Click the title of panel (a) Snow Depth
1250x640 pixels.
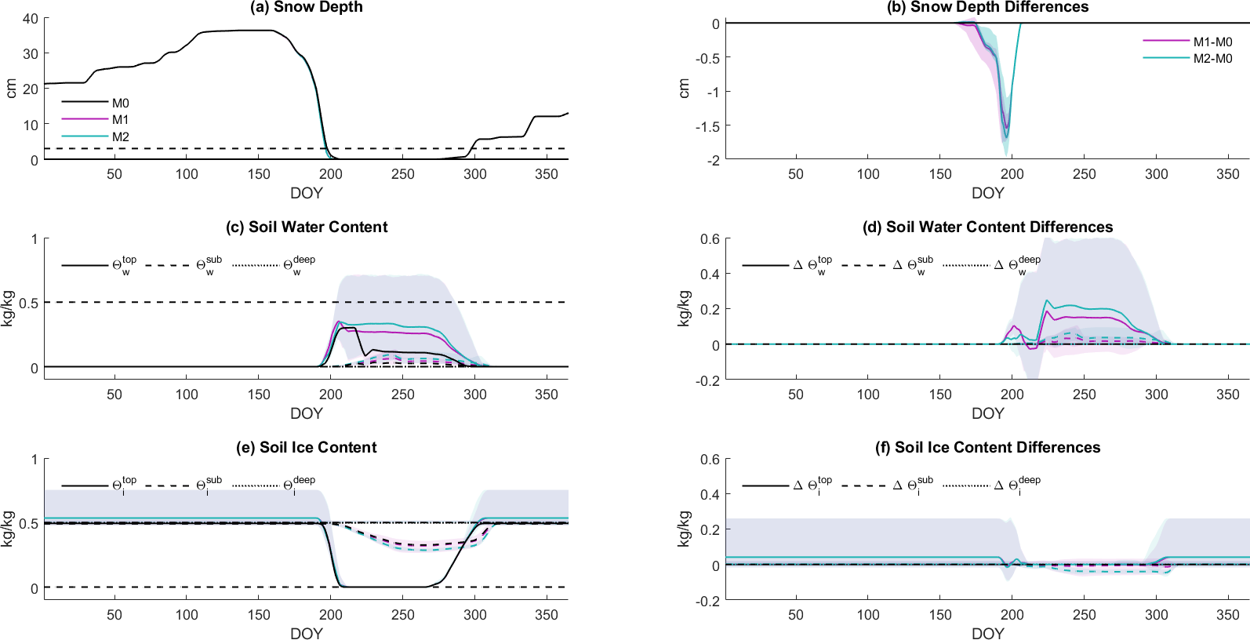(306, 7)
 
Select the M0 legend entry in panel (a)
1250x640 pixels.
(120, 103)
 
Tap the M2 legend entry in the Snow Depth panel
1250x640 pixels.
(120, 136)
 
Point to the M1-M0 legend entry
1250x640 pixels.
(1212, 42)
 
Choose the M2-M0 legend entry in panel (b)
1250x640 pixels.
(1212, 59)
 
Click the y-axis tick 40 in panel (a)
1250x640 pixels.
(31, 18)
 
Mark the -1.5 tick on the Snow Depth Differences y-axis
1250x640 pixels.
(707, 125)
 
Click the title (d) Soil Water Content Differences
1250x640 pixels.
(987, 227)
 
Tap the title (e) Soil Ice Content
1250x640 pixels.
(306, 448)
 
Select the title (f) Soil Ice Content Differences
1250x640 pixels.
(987, 448)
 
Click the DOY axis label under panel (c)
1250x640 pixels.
(306, 413)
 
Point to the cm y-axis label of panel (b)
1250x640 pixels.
(684, 89)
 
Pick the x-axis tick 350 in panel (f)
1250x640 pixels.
(1227, 615)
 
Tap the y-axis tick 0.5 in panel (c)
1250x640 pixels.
(29, 303)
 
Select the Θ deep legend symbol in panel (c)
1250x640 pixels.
(298, 265)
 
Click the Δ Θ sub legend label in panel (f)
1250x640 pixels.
(913, 485)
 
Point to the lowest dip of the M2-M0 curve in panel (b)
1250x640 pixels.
(1006, 138)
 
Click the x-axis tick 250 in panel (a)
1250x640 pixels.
(402, 174)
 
